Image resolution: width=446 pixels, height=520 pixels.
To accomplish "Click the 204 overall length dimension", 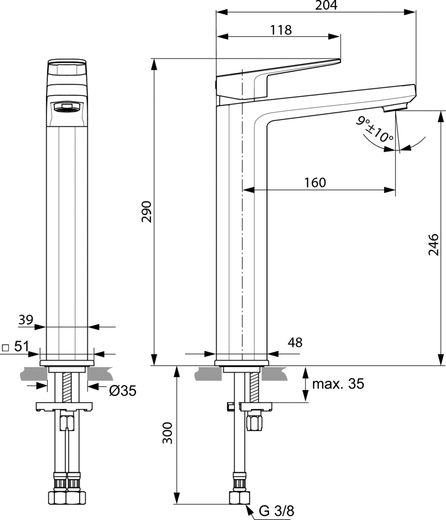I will (326, 5).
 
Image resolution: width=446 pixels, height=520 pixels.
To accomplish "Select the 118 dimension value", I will (281, 30).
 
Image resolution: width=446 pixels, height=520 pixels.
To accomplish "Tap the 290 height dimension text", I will (147, 212).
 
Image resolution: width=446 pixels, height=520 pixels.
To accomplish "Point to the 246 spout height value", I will (433, 244).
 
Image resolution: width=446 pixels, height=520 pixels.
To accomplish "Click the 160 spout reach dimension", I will (315, 182).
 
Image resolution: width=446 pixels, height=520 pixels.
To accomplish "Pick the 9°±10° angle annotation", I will (375, 129).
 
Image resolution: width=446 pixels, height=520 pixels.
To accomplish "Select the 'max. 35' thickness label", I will (338, 383).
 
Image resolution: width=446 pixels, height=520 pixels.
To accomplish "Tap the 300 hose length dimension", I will (167, 432).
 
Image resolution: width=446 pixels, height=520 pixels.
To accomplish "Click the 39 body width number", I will (25, 320).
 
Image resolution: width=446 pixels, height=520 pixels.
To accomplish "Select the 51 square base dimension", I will (21, 347).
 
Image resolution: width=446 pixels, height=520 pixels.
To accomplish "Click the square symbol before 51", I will (6, 348).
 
